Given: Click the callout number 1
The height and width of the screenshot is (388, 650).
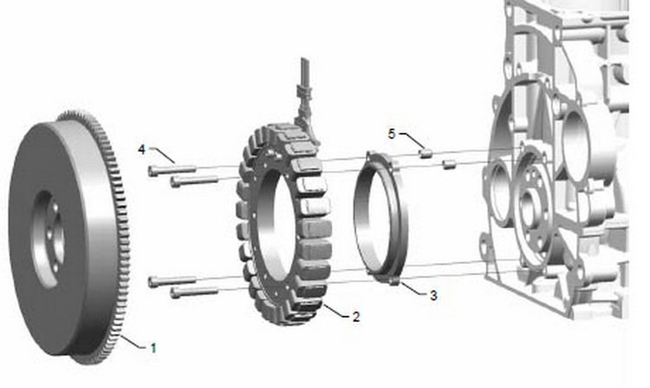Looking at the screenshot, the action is point(153,348).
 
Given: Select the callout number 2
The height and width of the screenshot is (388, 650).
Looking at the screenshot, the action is point(355,317).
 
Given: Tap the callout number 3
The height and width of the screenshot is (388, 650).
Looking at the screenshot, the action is point(433,295).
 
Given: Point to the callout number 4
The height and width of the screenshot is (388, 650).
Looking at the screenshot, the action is point(142,149).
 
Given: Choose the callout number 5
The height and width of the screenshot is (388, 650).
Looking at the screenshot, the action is point(392,134).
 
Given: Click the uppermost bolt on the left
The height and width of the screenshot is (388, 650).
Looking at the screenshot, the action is point(172,169).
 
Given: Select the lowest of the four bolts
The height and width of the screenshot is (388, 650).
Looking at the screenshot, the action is point(194,292).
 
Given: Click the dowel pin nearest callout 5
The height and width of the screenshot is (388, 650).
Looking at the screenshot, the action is point(426,153).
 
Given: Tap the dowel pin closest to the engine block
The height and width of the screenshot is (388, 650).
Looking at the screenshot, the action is point(449,164).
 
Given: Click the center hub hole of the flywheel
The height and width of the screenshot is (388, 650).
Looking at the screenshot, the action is point(49,240).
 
